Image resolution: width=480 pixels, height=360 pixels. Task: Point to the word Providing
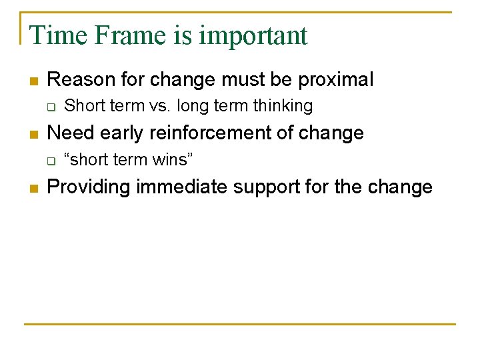pos(89,187)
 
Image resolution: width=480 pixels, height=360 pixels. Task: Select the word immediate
pos(182,187)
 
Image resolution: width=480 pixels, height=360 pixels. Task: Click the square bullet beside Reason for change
pos(34,81)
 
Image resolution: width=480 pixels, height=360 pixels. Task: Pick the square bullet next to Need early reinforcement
pos(34,134)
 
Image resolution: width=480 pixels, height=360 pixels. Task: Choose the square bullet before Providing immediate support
pos(34,188)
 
